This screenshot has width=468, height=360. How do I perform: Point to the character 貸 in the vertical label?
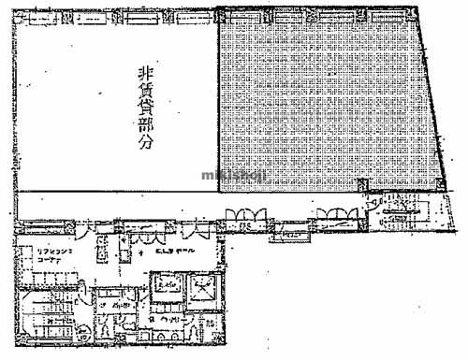pyautogui.click(x=145, y=107)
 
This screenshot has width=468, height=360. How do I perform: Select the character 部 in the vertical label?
pyautogui.click(x=145, y=126)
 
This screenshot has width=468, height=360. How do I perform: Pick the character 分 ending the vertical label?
pyautogui.click(x=145, y=146)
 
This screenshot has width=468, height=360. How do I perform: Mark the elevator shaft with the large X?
pyautogui.click(x=202, y=289)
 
